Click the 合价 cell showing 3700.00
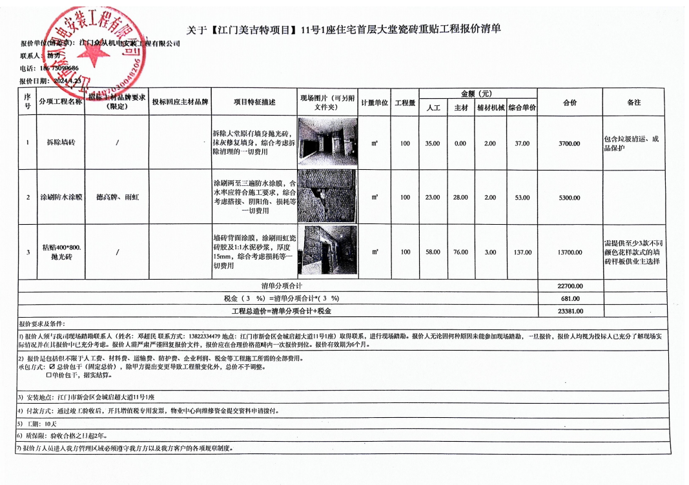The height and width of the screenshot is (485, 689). [x=569, y=143]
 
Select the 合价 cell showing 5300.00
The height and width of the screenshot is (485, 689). [x=569, y=198]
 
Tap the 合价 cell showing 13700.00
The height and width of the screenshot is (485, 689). [x=569, y=253]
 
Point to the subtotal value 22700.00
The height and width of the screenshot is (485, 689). [x=569, y=285]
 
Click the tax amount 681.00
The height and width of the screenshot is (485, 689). [x=569, y=298]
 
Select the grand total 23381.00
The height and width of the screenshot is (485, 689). [x=569, y=311]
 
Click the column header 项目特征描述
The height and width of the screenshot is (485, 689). [x=254, y=102]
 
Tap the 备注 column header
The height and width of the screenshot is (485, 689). [x=633, y=102]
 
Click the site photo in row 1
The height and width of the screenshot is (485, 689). [x=327, y=142]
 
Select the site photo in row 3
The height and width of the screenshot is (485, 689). [x=327, y=251]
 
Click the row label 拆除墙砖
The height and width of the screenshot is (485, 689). [x=61, y=142]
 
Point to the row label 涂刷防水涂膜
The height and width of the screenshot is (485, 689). [x=61, y=198]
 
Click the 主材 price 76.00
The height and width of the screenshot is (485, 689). [x=460, y=253]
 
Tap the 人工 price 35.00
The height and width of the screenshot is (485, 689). [x=433, y=143]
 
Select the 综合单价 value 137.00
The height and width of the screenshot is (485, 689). [x=522, y=253]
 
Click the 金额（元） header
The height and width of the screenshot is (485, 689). [x=477, y=94]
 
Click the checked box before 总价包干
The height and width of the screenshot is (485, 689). [x=52, y=367]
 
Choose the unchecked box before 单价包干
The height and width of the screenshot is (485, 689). [x=48, y=375]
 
